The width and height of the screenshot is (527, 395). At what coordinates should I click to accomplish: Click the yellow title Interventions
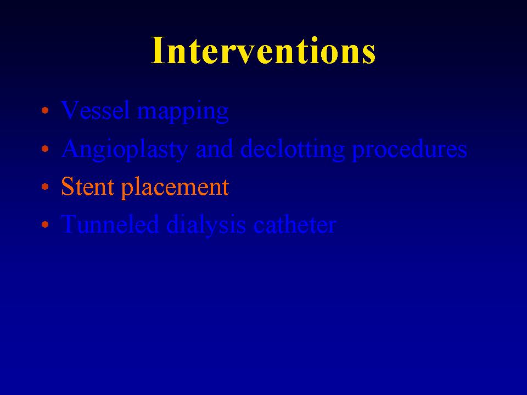[263, 50]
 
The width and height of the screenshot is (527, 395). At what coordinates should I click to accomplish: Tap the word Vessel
[96, 110]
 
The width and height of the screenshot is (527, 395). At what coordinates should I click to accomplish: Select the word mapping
[183, 112]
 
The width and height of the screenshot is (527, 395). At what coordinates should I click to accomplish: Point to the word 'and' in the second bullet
[214, 148]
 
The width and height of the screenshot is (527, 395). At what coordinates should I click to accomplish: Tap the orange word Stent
[87, 187]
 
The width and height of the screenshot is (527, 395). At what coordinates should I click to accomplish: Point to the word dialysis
[206, 225]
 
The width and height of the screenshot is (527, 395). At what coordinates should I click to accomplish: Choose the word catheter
[295, 224]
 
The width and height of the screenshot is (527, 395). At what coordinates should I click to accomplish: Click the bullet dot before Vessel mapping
[45, 110]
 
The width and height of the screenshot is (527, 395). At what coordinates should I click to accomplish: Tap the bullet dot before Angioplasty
[45, 148]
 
